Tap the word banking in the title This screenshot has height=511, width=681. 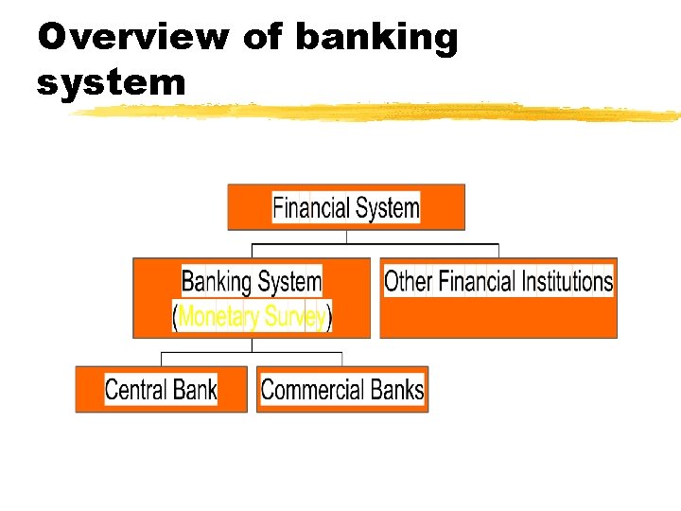coord(376,39)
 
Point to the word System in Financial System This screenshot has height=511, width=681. coord(388,207)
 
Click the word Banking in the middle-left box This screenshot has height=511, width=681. coord(217,281)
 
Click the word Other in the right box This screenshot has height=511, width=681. coord(409,281)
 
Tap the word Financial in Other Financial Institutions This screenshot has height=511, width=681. coord(478,281)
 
